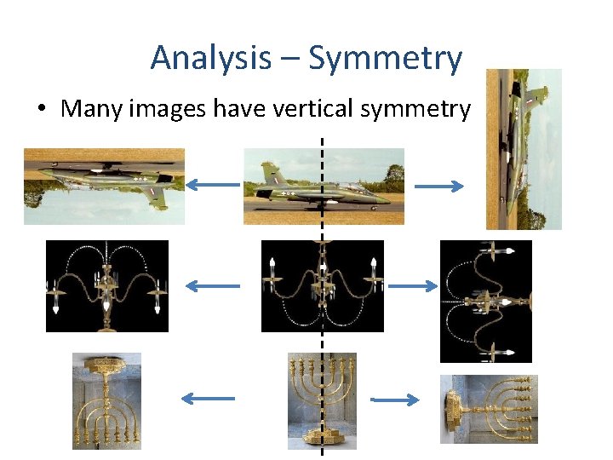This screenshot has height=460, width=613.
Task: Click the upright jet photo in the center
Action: pyautogui.click(x=324, y=186)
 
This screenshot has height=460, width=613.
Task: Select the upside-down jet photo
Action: pyautogui.click(x=104, y=186)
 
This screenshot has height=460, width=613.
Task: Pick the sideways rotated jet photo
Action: pyautogui.click(x=524, y=149)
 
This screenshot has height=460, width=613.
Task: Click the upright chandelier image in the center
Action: pyautogui.click(x=323, y=285)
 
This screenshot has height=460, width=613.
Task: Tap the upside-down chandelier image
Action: pyautogui.click(x=106, y=285)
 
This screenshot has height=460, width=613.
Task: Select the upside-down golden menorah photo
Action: pyautogui.click(x=106, y=400)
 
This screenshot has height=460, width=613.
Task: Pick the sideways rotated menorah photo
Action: pyautogui.click(x=489, y=409)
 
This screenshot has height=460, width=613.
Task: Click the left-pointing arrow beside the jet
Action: pyautogui.click(x=213, y=184)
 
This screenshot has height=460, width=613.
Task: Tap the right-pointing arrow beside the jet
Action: pyautogui.click(x=438, y=186)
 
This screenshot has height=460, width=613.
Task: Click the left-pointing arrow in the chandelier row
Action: pyautogui.click(x=213, y=286)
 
